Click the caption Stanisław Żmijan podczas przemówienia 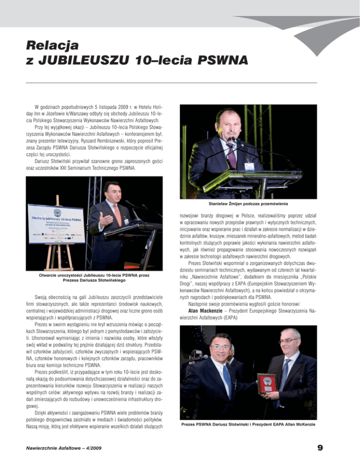tap(248, 203)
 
